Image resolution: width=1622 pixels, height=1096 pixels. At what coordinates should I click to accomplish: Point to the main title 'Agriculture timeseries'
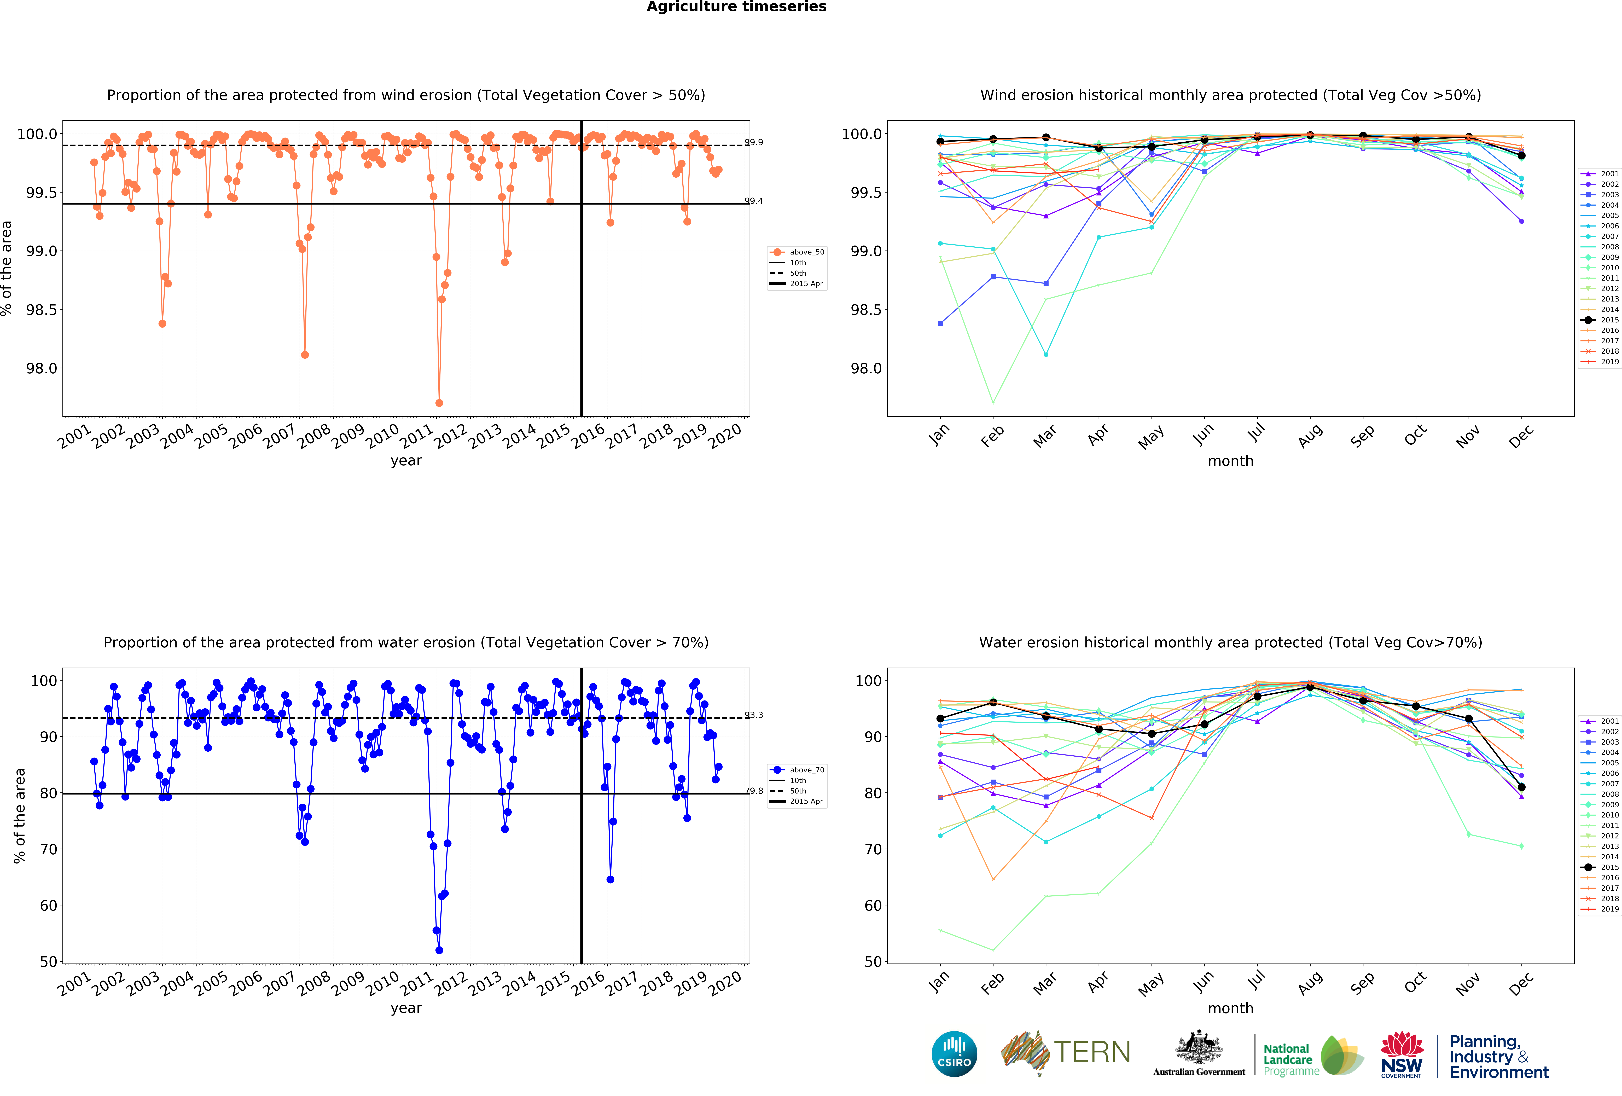[x=736, y=7]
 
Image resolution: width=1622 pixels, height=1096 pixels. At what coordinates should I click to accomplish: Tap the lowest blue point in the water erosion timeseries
[x=439, y=950]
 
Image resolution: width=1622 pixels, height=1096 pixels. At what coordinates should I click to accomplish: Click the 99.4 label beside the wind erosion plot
[x=754, y=201]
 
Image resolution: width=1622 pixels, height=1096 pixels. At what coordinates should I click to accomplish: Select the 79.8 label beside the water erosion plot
[x=754, y=791]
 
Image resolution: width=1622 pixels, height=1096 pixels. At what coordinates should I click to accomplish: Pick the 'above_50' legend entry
[x=806, y=252]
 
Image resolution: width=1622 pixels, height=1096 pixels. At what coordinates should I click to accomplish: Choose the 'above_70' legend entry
[x=806, y=770]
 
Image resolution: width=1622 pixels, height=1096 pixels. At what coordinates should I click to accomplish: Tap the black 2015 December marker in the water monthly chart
[x=1521, y=787]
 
